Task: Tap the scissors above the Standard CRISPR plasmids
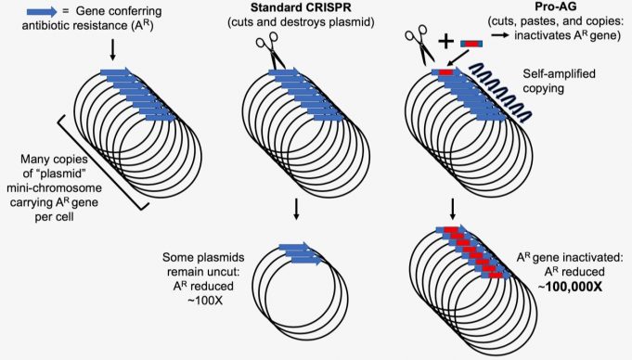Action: (275, 48)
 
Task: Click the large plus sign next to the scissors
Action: (446, 42)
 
